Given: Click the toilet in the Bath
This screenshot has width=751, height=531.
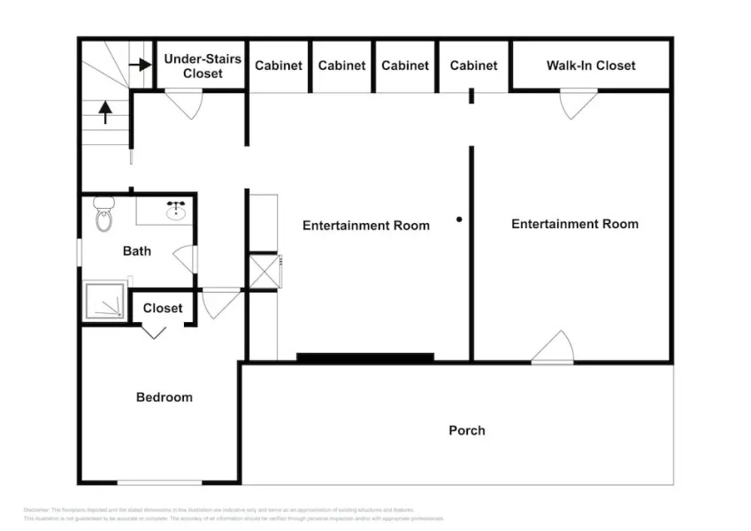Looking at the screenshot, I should click(x=104, y=214).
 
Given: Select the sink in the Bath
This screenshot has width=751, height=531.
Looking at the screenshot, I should click(x=176, y=211).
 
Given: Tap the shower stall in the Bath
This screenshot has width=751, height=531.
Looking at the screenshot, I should click(x=105, y=302).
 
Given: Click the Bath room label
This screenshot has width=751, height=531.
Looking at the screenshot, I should click(x=136, y=251).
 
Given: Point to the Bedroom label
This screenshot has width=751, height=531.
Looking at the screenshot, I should click(x=164, y=397).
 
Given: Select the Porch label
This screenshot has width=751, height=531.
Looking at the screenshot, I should click(x=466, y=430).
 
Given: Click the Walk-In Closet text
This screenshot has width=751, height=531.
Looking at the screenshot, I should click(x=590, y=65).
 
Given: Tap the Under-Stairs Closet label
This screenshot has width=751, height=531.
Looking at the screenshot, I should click(x=203, y=66).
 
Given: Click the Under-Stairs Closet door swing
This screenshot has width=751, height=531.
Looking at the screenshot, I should click(x=187, y=104).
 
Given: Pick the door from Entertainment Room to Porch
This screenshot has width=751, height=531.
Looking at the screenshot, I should click(x=554, y=349).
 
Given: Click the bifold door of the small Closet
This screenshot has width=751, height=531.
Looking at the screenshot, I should click(x=155, y=331).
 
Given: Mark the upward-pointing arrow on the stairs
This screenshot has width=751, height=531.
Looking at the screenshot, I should click(x=105, y=112).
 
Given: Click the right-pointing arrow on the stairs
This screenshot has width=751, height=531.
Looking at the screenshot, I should click(x=139, y=65).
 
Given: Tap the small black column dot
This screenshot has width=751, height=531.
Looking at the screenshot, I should click(x=459, y=219).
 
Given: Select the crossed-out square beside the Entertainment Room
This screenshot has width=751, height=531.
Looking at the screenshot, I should click(x=264, y=271).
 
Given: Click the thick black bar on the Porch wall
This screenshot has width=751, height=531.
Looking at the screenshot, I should click(x=364, y=358).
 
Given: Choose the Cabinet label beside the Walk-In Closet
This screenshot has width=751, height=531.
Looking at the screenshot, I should click(x=473, y=65).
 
